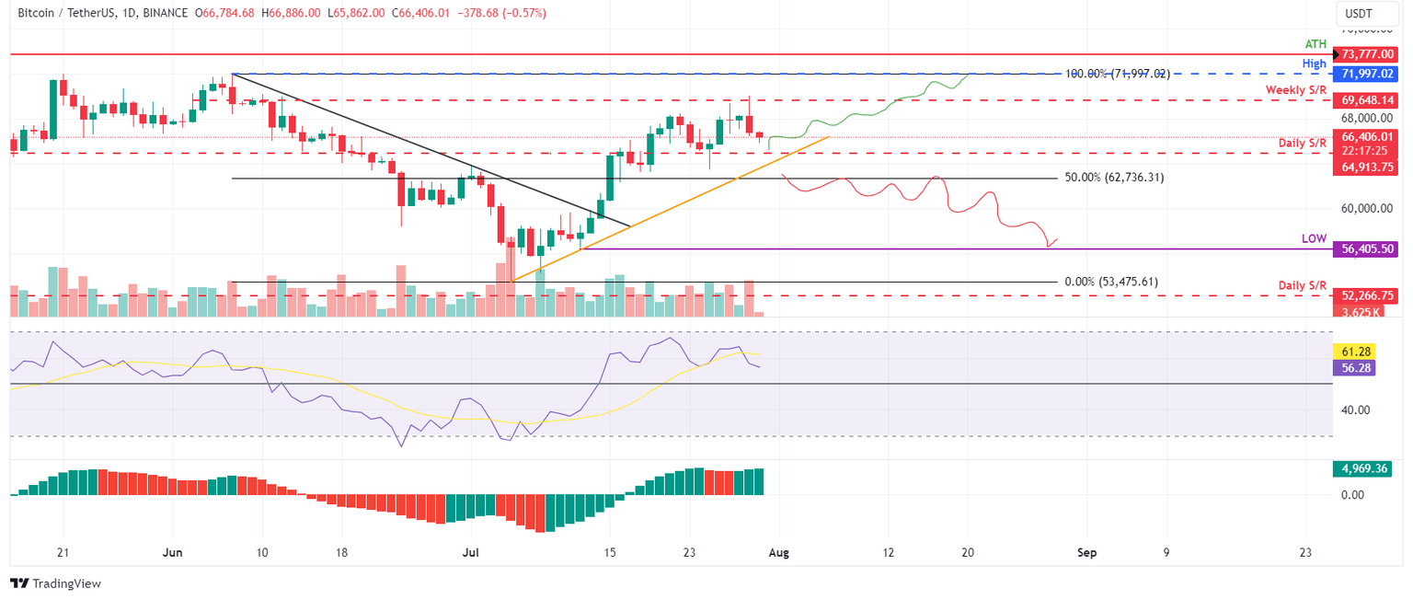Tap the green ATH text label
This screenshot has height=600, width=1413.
[x=1316, y=43]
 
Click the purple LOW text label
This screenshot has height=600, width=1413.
[x=1314, y=238]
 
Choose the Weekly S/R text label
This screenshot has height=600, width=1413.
[x=1296, y=89]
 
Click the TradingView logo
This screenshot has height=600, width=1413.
[x=55, y=583]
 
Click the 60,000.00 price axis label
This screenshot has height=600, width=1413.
[x=1369, y=208]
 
